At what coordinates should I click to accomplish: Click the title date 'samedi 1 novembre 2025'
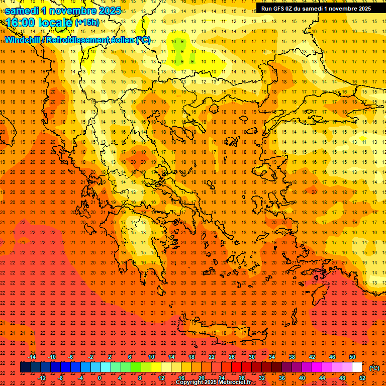click(x=63, y=11)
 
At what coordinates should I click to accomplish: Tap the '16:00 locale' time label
click(x=39, y=23)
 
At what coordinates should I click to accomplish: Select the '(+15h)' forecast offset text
click(x=87, y=23)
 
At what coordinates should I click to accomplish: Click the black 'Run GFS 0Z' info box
click(x=316, y=8)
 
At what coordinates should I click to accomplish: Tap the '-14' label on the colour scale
click(x=32, y=357)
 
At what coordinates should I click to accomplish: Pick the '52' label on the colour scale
click(x=362, y=377)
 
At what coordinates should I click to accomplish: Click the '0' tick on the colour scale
click(x=100, y=377)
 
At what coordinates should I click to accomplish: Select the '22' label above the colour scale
click(x=212, y=357)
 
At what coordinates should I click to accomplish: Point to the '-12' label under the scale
click(x=42, y=377)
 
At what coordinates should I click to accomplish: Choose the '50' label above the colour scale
click(x=352, y=357)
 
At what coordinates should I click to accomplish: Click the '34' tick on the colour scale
click(x=271, y=357)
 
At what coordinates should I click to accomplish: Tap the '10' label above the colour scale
click(x=151, y=357)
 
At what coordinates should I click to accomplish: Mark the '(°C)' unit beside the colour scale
click(x=374, y=368)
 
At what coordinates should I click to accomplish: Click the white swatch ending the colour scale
click(x=357, y=367)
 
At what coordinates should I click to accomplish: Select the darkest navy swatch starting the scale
click(x=26, y=367)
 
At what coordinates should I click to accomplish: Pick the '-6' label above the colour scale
click(x=71, y=357)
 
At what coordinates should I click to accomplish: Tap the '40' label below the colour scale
click(x=302, y=377)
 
